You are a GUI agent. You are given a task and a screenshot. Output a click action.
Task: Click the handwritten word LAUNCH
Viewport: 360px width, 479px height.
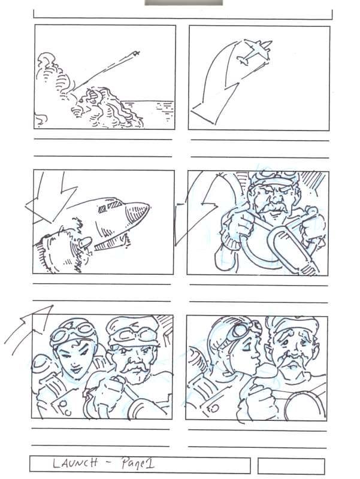[x=75, y=463]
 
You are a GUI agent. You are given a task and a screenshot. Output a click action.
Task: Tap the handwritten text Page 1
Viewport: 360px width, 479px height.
[x=138, y=463]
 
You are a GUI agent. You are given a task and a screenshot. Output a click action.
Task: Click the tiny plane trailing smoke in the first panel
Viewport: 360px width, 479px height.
[x=136, y=54]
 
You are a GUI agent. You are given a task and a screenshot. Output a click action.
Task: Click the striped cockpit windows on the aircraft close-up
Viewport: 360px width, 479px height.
[x=110, y=207]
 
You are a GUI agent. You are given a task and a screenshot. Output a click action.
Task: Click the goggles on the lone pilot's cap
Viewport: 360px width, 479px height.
[x=274, y=175]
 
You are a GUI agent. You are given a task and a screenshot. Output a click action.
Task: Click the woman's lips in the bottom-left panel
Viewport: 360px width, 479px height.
[x=76, y=370]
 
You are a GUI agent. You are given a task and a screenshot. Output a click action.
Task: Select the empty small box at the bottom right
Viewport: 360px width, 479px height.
[x=291, y=466]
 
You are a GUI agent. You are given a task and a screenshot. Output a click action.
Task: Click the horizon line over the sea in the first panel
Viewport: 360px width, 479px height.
[x=147, y=101]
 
